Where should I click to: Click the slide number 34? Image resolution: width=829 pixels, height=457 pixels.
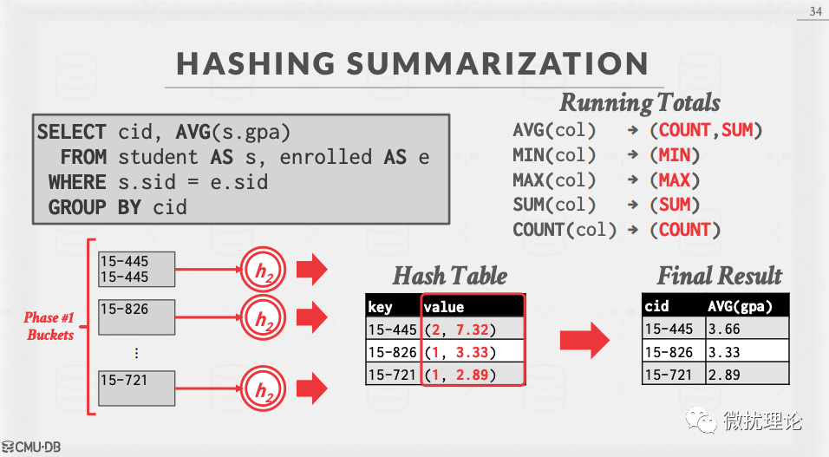tap(815, 11)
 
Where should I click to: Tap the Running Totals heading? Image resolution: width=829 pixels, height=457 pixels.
tap(640, 102)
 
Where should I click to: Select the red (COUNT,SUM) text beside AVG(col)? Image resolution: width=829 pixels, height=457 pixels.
tap(706, 131)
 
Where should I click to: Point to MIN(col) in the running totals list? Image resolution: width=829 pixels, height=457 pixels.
tap(555, 156)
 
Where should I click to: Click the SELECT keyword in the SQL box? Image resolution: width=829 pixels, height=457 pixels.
tap(72, 133)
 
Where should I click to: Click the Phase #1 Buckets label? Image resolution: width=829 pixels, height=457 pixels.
tap(49, 326)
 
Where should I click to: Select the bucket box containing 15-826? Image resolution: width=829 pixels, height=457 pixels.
tap(136, 317)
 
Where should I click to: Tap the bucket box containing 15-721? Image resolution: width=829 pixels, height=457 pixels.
tap(136, 388)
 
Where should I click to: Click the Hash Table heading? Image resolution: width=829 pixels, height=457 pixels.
tap(449, 277)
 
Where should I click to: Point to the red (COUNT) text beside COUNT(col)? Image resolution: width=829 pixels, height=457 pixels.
tap(685, 230)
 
